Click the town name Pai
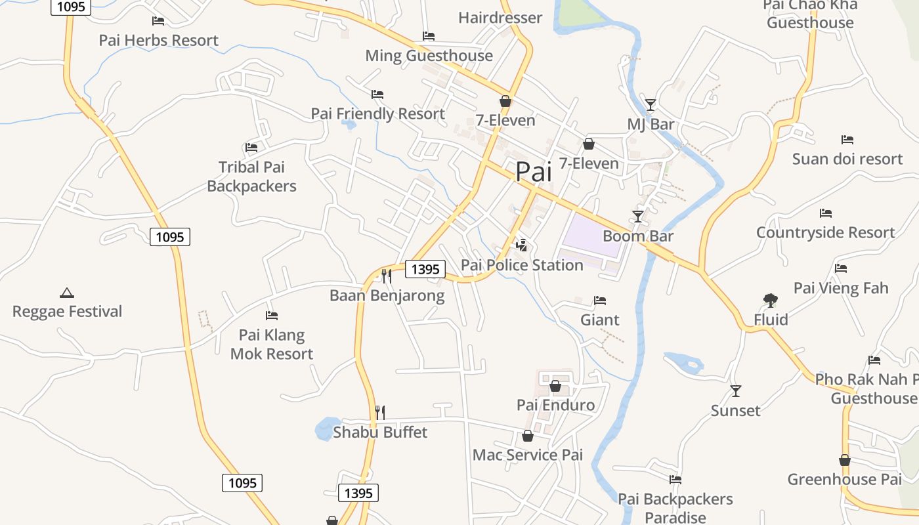tap(533, 172)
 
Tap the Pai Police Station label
tap(522, 265)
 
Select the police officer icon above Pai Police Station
tap(522, 245)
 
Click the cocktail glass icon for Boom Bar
tap(637, 216)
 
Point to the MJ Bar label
tap(651, 125)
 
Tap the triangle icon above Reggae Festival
tap(66, 293)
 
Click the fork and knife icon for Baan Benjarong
tap(387, 276)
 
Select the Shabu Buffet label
tap(380, 432)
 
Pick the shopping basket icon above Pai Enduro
tap(555, 386)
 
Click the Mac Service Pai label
tap(528, 455)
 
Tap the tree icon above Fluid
tap(771, 301)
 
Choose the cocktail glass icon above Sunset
tap(736, 391)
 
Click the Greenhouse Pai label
tap(845, 479)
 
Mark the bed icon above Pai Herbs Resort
tap(158, 21)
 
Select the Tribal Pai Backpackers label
tap(251, 177)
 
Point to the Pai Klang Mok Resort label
tap(272, 345)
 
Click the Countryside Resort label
tap(825, 232)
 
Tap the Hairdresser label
tap(500, 18)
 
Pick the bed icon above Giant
tap(599, 301)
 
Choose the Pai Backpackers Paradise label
tap(675, 508)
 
